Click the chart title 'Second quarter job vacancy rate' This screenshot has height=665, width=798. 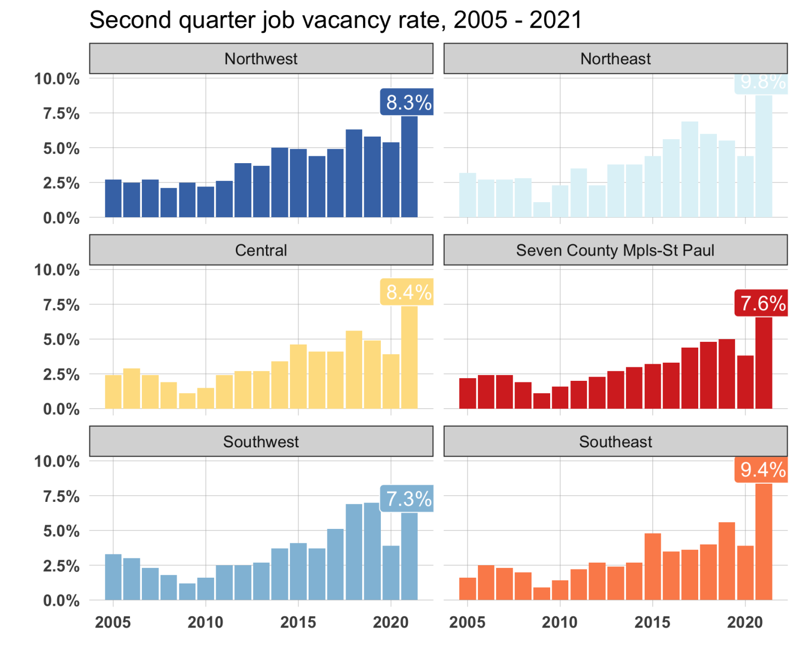(335, 21)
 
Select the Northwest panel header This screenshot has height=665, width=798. (261, 59)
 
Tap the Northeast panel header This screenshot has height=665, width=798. (615, 59)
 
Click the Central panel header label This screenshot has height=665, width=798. (261, 250)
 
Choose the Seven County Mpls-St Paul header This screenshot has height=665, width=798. (615, 250)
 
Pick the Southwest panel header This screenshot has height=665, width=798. (261, 442)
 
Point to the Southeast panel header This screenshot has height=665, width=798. (615, 442)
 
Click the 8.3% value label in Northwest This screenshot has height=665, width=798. (408, 102)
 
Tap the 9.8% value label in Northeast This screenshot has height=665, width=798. (762, 82)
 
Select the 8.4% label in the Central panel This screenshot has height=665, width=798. (408, 292)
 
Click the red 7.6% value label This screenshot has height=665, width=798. (762, 303)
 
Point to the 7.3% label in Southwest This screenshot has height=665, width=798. (408, 499)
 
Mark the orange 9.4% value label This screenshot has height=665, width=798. (762, 470)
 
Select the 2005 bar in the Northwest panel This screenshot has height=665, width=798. (113, 198)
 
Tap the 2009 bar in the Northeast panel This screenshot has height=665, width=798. (541, 210)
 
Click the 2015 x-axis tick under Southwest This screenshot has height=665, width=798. (298, 622)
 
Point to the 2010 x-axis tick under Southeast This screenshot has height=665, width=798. (560, 622)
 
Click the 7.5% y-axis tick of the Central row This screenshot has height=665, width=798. (61, 305)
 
